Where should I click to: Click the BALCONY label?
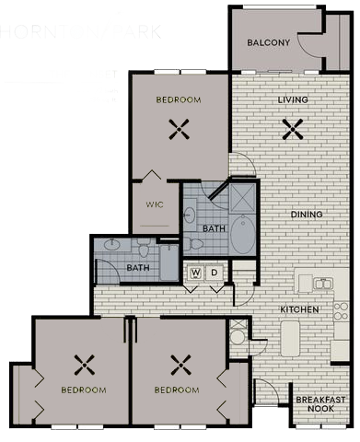[269, 43]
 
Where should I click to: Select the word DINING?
[306, 215]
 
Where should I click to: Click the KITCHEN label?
[299, 309]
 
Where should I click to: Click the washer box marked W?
[195, 273]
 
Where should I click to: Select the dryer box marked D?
[215, 273]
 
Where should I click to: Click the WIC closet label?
[155, 204]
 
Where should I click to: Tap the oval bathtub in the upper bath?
[243, 236]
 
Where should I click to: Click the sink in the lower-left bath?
[112, 245]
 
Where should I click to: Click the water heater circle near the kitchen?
[238, 337]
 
